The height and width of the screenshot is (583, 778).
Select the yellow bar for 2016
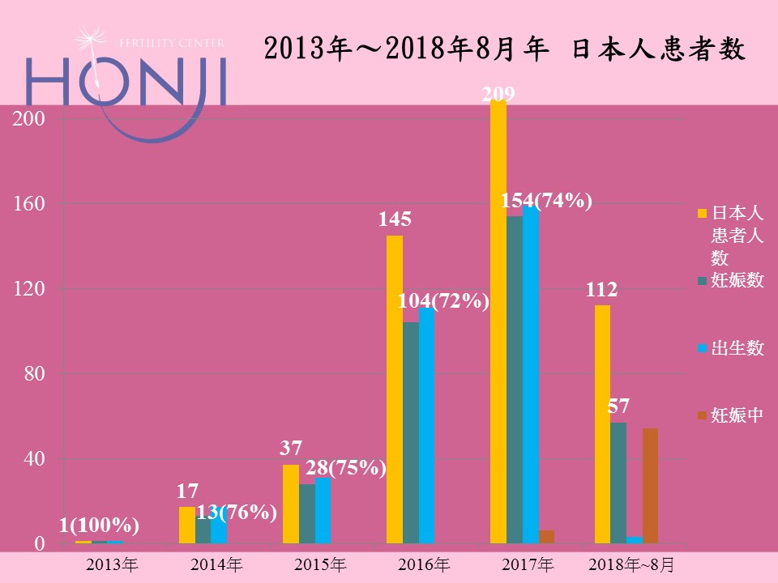[x=394, y=389]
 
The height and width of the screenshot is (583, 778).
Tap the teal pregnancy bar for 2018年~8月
[x=618, y=483]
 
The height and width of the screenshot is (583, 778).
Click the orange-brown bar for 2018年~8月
[x=650, y=485]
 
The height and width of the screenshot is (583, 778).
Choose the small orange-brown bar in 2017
[x=547, y=536]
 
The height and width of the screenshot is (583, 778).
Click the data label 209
[x=498, y=95]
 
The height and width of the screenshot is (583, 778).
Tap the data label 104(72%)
[x=443, y=302]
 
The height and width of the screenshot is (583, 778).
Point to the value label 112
[x=602, y=289]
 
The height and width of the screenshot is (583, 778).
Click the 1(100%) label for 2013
[x=99, y=525]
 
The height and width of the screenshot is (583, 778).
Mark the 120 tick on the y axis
[x=28, y=289]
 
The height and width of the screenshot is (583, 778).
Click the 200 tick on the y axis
[x=28, y=118]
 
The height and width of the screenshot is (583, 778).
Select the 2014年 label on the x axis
[x=216, y=564]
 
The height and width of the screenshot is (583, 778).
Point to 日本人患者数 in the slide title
[x=658, y=50]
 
